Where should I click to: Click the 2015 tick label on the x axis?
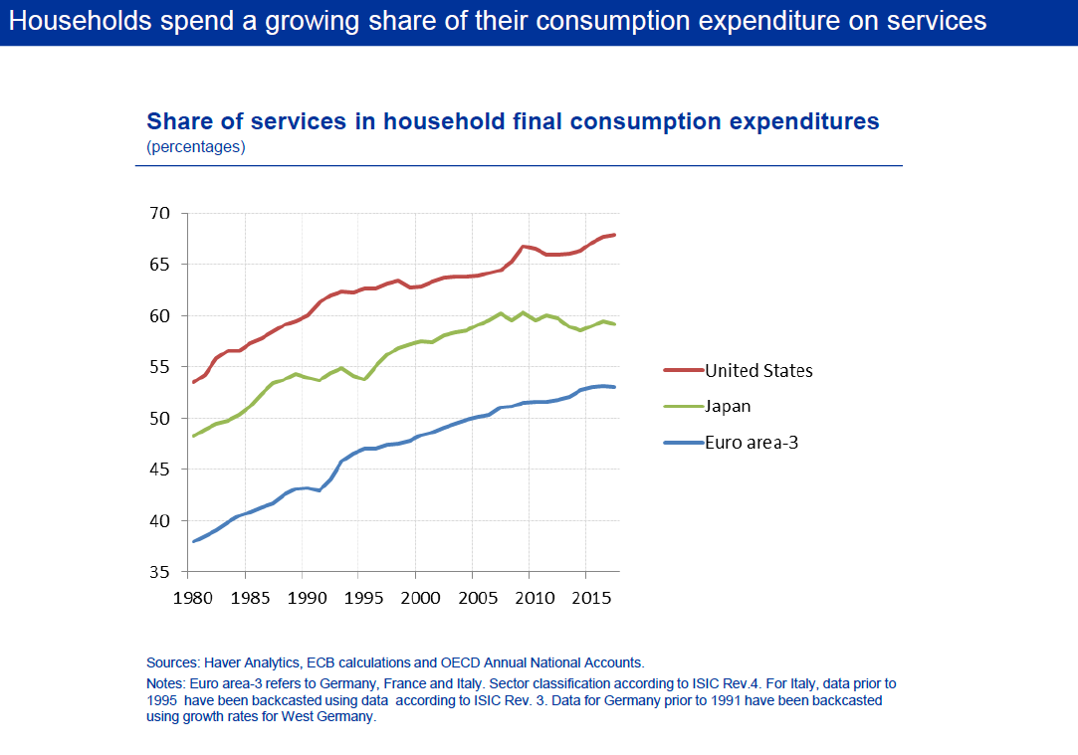[x=591, y=599]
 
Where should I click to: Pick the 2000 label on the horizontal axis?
[x=421, y=599]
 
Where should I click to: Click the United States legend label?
[x=758, y=371]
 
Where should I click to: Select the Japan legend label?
[x=728, y=406]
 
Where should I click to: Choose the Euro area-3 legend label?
[x=752, y=442]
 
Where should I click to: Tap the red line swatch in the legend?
[x=684, y=371]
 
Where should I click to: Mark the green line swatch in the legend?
[x=684, y=407]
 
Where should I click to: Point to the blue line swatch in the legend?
[x=684, y=443]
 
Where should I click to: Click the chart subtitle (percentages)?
[x=196, y=147]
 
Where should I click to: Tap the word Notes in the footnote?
[x=165, y=683]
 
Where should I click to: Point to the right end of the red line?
[x=615, y=235]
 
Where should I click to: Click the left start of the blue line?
[x=193, y=541]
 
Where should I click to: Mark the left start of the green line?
[x=193, y=436]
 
